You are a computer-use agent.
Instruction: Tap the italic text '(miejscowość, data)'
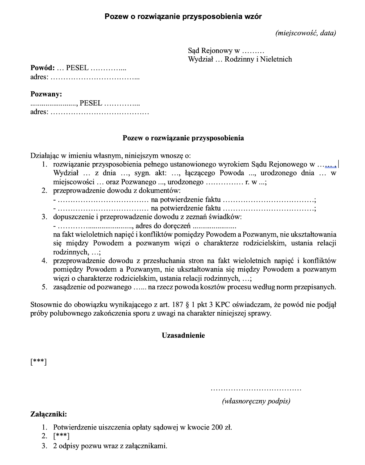tap(305, 33)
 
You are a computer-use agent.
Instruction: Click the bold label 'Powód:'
tap(43, 68)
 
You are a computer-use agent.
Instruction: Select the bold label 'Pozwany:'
tap(46, 94)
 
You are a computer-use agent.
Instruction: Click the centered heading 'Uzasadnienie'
tap(183, 335)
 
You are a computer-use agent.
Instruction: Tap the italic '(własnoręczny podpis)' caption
tap(256, 401)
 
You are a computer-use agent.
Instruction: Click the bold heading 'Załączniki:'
tap(49, 414)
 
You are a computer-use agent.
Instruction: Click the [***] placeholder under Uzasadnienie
tap(38, 362)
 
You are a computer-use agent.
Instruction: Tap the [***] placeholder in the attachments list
tap(61, 436)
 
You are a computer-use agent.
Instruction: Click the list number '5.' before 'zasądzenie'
tap(44, 287)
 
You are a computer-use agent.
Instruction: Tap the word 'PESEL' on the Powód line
tap(77, 68)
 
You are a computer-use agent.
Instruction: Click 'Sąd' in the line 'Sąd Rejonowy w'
tap(193, 51)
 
